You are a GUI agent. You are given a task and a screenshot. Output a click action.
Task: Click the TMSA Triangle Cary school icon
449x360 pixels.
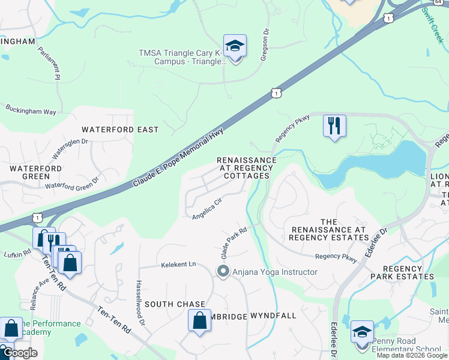click(x=235, y=46)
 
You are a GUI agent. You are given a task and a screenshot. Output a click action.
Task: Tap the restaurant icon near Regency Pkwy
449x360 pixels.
click(x=334, y=126)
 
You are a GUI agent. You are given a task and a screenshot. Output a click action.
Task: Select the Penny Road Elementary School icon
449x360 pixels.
click(x=362, y=332)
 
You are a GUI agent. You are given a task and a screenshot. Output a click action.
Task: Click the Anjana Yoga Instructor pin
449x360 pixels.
click(x=223, y=272)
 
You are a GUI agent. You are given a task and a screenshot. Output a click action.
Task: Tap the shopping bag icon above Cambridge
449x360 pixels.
click(x=200, y=321)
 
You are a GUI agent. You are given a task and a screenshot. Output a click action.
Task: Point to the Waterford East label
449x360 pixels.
click(x=120, y=130)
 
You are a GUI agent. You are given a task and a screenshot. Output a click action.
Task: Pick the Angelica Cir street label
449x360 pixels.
click(x=207, y=209)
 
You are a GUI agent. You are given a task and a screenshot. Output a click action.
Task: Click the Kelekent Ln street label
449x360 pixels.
click(x=178, y=264)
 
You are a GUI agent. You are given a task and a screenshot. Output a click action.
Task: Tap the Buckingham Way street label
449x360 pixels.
click(x=31, y=111)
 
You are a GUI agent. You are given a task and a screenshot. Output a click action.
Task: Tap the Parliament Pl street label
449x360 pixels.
click(x=49, y=63)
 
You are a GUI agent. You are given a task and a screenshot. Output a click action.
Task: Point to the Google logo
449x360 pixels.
click(x=19, y=353)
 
